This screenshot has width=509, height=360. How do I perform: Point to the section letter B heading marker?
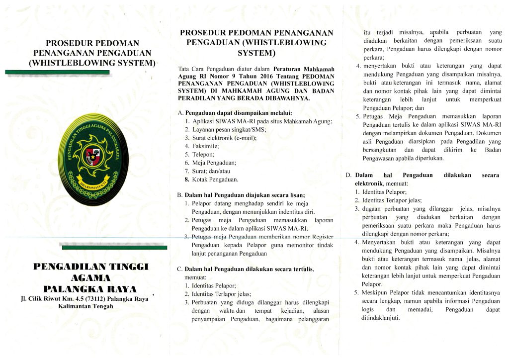pyautogui.click(x=179, y=195)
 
